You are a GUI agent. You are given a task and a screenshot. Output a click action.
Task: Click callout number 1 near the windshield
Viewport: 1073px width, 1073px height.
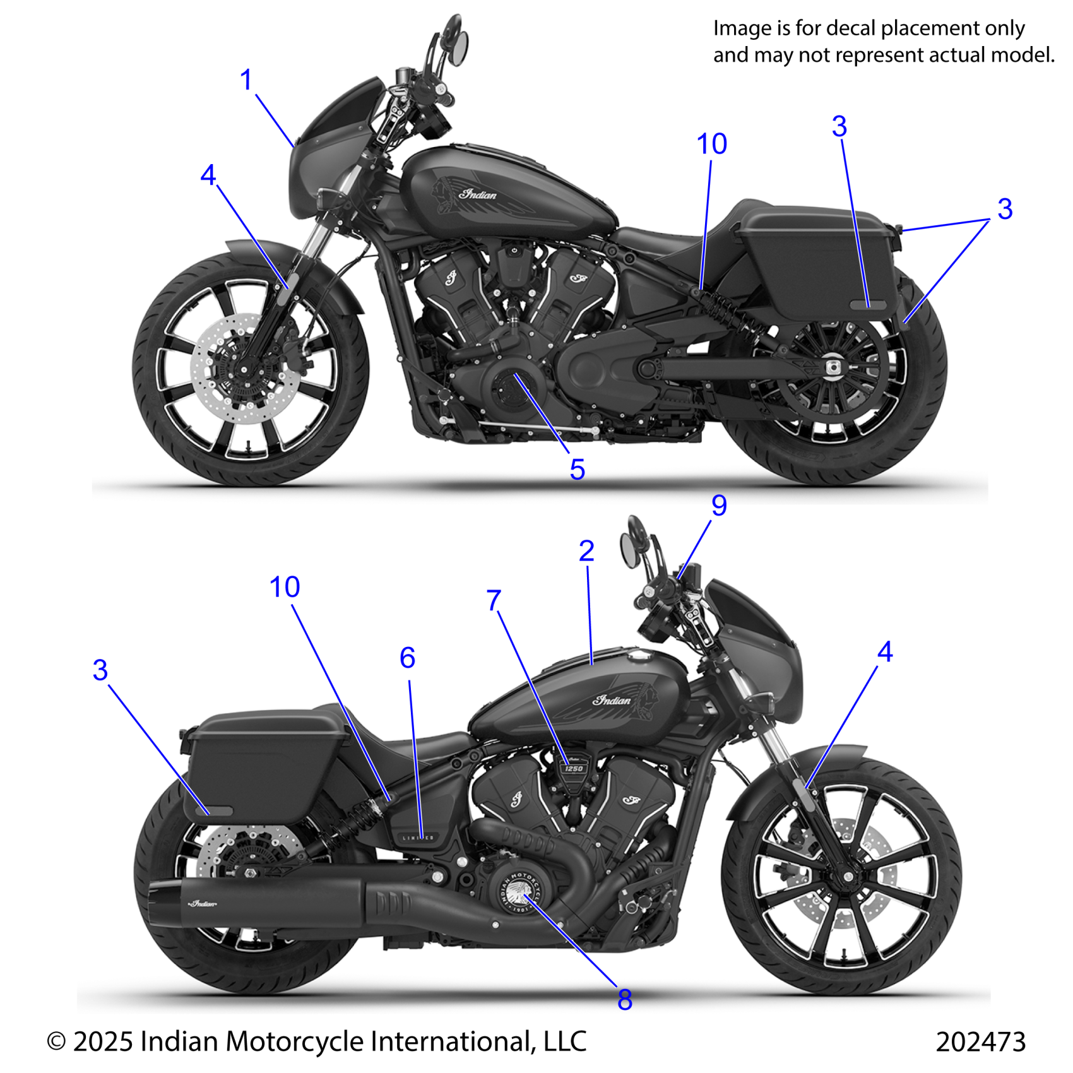tap(246, 80)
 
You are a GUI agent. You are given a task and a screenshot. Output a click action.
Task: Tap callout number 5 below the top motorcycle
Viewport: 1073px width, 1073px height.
tap(577, 470)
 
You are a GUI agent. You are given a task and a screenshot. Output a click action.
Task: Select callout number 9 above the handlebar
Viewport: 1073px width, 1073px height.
tap(719, 506)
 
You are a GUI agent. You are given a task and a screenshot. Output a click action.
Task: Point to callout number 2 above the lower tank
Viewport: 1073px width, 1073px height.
tap(586, 551)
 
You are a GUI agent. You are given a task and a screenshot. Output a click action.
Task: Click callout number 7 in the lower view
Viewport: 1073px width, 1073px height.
tap(494, 600)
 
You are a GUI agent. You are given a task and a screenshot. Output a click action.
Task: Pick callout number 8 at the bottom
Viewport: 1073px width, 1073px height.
tap(624, 1000)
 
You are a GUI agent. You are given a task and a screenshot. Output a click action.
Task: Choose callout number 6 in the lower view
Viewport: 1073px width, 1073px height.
tap(408, 658)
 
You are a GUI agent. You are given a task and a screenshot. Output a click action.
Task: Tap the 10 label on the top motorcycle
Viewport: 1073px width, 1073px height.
tap(711, 145)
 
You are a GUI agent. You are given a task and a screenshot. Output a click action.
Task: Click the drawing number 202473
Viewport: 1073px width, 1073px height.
tap(980, 1041)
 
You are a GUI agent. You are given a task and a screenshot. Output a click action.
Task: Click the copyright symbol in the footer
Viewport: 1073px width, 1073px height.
tap(56, 1041)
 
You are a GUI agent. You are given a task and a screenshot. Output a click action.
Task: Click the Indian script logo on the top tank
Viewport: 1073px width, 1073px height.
tap(478, 194)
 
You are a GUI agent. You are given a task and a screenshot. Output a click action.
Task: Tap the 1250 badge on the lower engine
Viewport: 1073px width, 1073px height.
tap(574, 768)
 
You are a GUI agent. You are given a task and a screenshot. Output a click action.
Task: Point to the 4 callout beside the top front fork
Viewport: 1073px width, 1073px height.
tap(208, 175)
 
